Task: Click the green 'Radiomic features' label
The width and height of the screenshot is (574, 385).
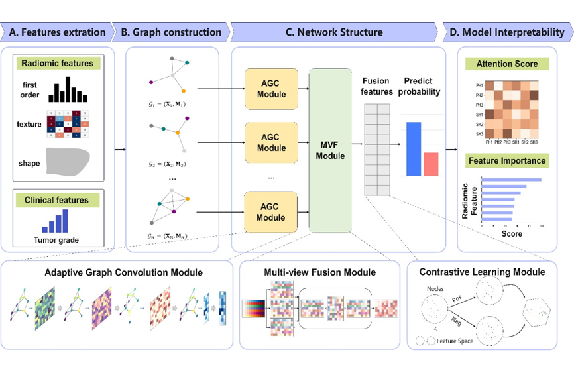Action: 57,64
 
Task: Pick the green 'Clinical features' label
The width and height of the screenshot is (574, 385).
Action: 57,199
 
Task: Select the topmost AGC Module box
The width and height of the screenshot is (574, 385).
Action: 270,88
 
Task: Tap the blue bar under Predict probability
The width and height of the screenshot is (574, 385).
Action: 414,149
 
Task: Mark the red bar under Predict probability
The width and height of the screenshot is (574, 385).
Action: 431,164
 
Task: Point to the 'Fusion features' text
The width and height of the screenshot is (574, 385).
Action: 376,86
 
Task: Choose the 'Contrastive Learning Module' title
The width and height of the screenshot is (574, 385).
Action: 483,272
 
